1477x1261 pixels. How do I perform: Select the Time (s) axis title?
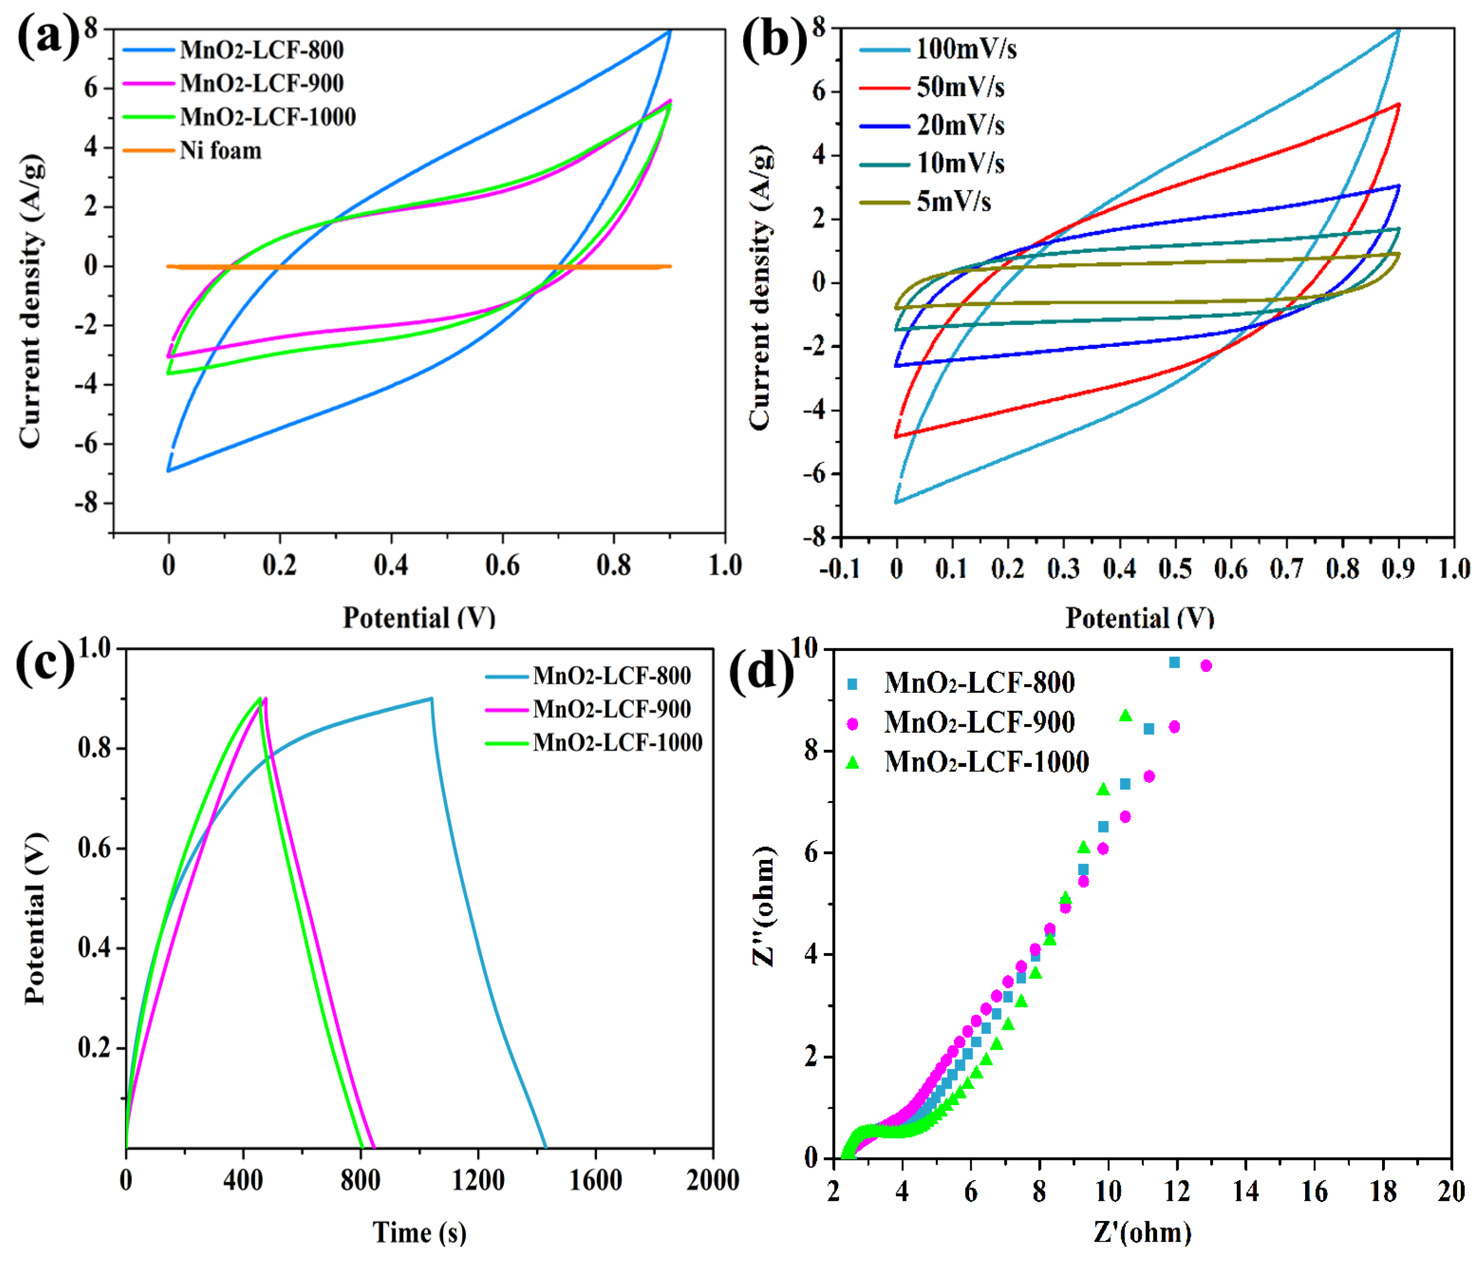(x=419, y=1233)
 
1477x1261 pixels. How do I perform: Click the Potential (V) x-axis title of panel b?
(x=1139, y=617)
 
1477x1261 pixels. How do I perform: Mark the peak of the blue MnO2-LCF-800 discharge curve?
(x=431, y=699)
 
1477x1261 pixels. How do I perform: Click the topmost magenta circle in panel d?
(x=1206, y=665)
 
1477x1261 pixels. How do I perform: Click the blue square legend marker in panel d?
(x=852, y=684)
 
